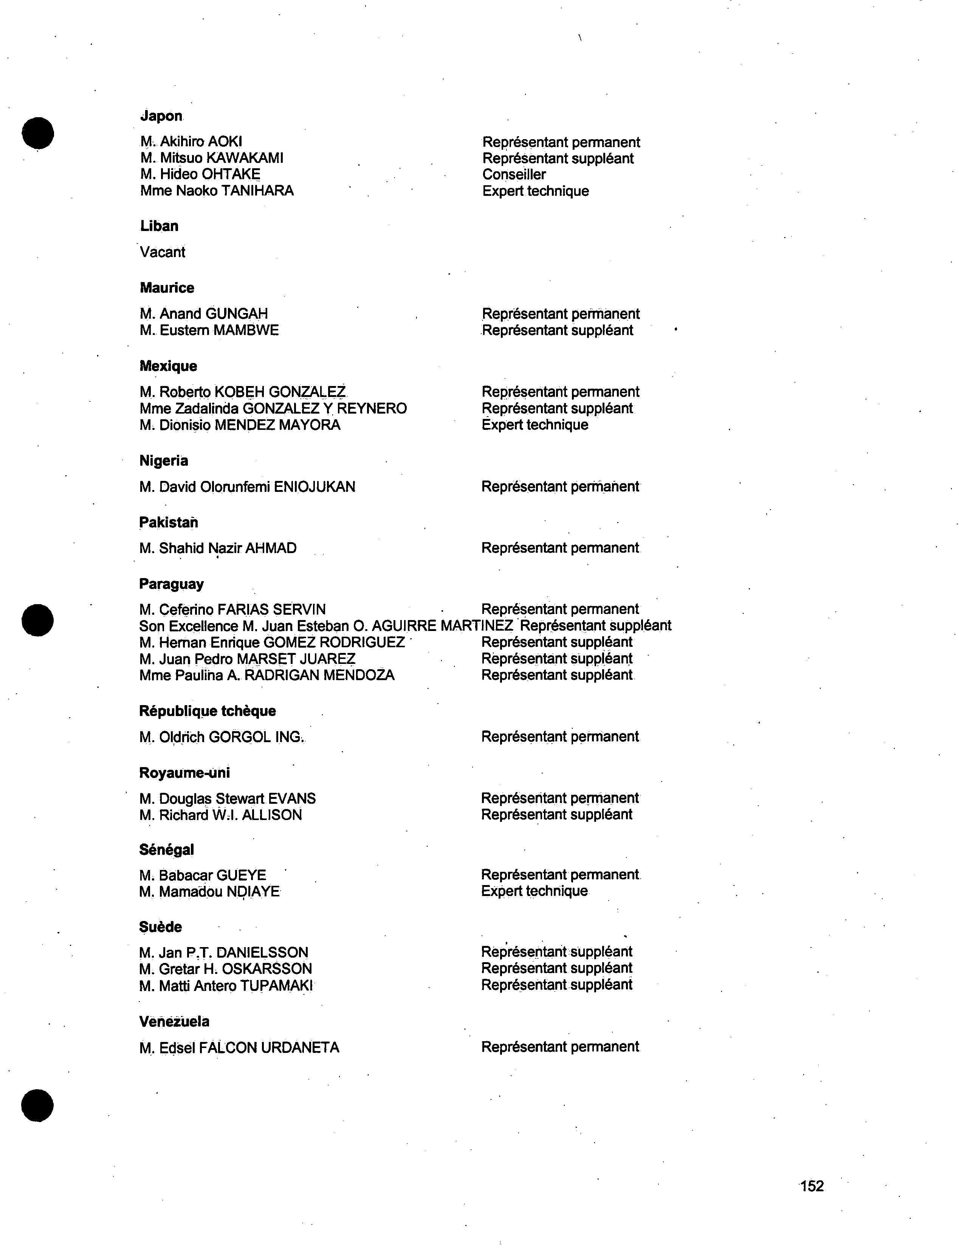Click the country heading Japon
pyautogui.click(x=161, y=116)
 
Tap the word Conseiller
pyautogui.click(x=514, y=175)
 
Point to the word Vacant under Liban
pyautogui.click(x=162, y=252)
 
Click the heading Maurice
pyautogui.click(x=167, y=288)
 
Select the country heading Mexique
pyautogui.click(x=168, y=366)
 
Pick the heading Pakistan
pyautogui.click(x=168, y=522)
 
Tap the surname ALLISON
pyautogui.click(x=272, y=815)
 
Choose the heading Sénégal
pyautogui.click(x=166, y=850)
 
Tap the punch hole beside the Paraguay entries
pyautogui.click(x=38, y=620)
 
